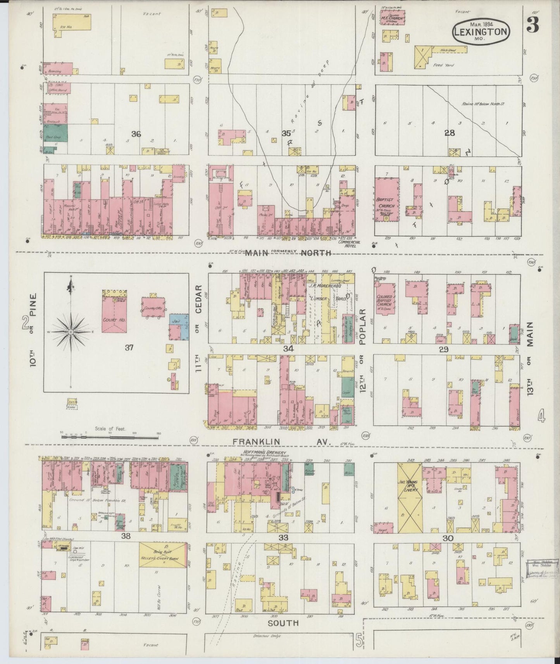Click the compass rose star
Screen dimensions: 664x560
(x=71, y=332)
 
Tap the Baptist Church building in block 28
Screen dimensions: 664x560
(x=387, y=200)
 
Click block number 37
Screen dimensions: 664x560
(x=129, y=347)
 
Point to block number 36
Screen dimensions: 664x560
(x=136, y=134)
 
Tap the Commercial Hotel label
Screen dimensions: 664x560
(x=349, y=243)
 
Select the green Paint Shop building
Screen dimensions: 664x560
(x=55, y=132)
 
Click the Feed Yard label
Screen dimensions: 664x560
(x=443, y=65)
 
